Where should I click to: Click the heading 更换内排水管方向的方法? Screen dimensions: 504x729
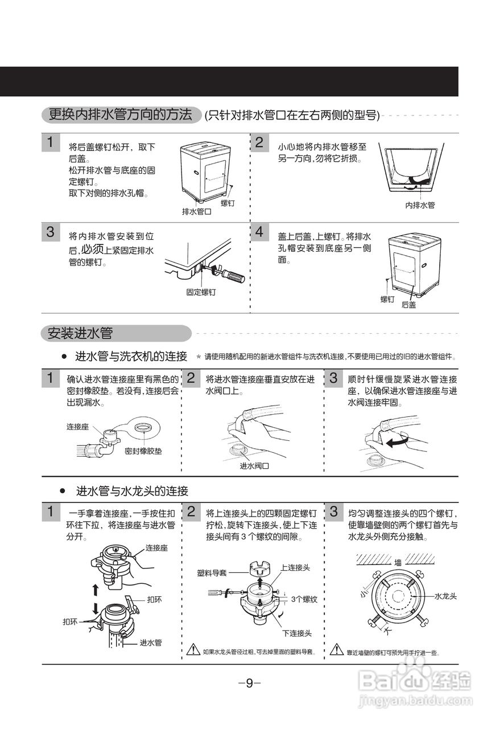[x=121, y=114]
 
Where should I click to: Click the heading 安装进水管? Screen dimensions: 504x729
[x=80, y=333]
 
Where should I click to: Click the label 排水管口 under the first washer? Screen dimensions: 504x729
[x=196, y=211]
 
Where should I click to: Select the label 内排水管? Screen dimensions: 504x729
[x=420, y=205]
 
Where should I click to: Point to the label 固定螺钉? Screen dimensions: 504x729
[x=201, y=292]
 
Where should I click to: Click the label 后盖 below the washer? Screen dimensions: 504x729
[x=408, y=305]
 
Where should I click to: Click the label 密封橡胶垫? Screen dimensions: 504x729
[x=143, y=450]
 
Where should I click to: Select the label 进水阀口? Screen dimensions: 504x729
[x=254, y=465]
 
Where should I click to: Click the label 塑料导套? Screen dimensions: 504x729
[x=212, y=573]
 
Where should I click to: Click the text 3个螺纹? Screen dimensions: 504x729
[x=304, y=599]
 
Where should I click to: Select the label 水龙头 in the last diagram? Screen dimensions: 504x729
[x=446, y=596]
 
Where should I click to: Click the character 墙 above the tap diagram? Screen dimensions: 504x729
[x=398, y=562]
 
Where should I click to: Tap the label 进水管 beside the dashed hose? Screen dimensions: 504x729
[x=151, y=642]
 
